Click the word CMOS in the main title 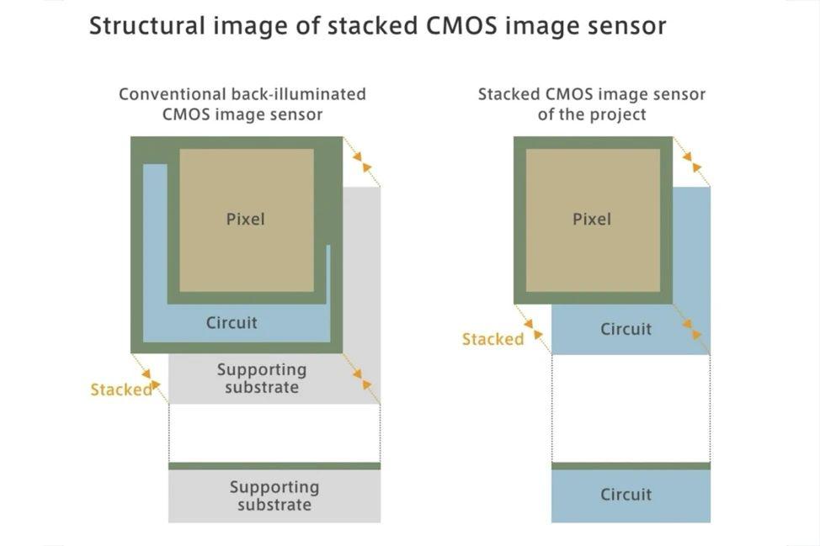click(461, 25)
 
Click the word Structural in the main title click(147, 25)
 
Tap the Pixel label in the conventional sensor click(245, 219)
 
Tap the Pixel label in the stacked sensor click(592, 219)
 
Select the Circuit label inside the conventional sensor click(232, 323)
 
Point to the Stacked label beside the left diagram click(121, 390)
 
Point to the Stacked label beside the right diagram click(493, 340)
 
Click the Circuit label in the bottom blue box click(626, 495)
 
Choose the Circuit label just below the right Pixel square click(626, 329)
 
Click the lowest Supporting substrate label click(274, 496)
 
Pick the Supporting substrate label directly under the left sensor click(262, 379)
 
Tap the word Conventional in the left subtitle click(173, 94)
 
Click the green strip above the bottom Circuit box click(631, 466)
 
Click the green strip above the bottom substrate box click(274, 466)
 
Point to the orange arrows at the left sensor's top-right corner click(362, 162)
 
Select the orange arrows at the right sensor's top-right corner click(692, 162)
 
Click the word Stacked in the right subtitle click(509, 94)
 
